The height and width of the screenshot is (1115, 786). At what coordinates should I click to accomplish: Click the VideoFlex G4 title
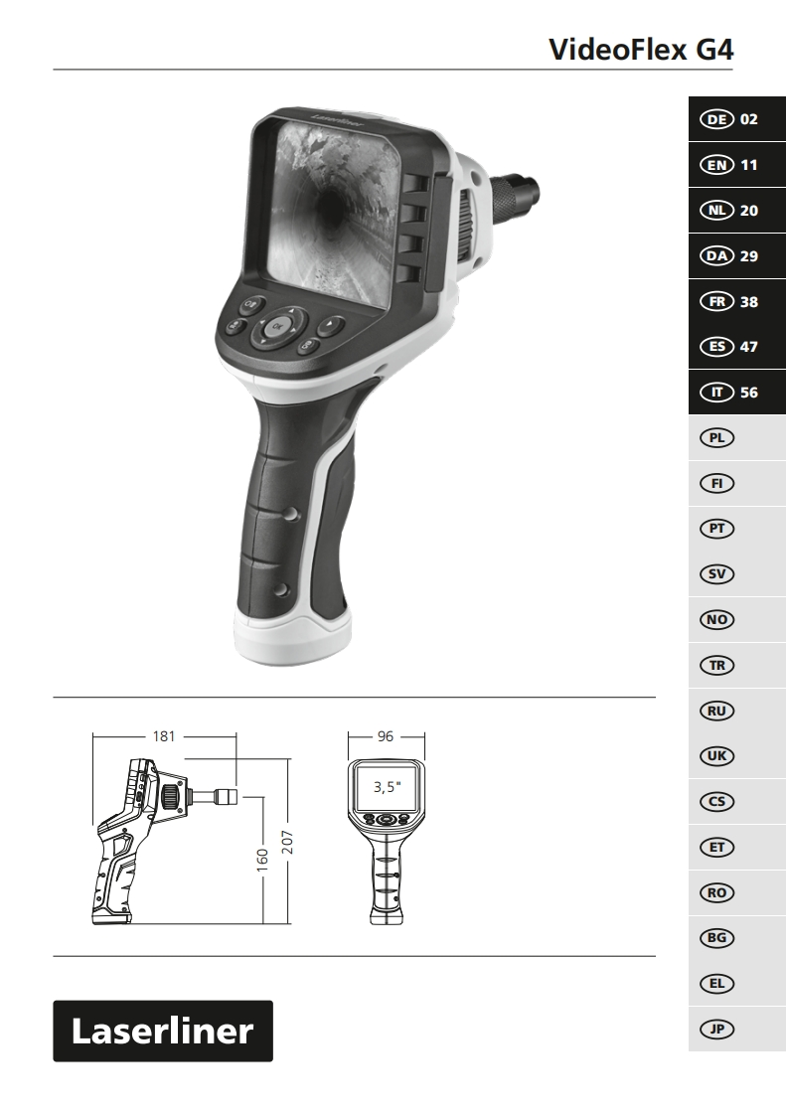pyautogui.click(x=641, y=49)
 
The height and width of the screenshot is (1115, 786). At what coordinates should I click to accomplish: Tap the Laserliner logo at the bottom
pyautogui.click(x=163, y=1032)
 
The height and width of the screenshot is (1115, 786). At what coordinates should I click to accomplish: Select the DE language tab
pyautogui.click(x=737, y=118)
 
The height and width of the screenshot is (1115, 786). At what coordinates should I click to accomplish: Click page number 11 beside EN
pyautogui.click(x=749, y=165)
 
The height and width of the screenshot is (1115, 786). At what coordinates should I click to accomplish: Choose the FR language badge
pyautogui.click(x=717, y=301)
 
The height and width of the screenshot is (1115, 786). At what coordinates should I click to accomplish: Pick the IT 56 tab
pyautogui.click(x=737, y=392)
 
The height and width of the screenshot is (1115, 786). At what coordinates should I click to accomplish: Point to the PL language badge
pyautogui.click(x=717, y=438)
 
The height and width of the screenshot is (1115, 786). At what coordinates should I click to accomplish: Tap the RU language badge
pyautogui.click(x=717, y=712)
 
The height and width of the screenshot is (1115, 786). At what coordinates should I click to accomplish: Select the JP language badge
pyautogui.click(x=717, y=1029)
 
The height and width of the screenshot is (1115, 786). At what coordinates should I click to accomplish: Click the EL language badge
pyautogui.click(x=717, y=984)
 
